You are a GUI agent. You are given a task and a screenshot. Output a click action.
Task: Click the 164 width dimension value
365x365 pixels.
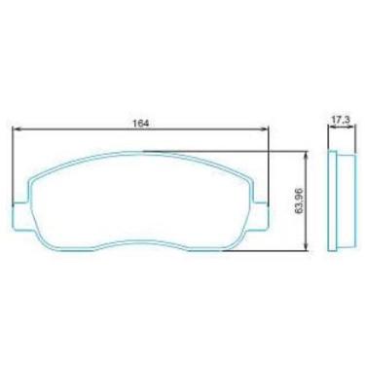pyautogui.click(x=141, y=124)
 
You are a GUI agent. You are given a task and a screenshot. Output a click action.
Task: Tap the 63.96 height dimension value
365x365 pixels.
pyautogui.click(x=299, y=201)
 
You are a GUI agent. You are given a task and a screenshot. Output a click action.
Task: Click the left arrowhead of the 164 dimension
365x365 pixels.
pyautogui.click(x=17, y=128)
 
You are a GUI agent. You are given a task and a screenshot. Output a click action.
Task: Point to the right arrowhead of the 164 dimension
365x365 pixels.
pyautogui.click(x=265, y=128)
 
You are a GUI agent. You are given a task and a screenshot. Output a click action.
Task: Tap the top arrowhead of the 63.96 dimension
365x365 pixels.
pyautogui.click(x=306, y=156)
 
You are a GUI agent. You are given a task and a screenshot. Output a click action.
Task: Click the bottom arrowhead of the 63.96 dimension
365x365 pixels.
pyautogui.click(x=306, y=246)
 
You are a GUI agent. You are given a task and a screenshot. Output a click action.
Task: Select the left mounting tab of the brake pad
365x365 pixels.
pyautogui.click(x=20, y=215)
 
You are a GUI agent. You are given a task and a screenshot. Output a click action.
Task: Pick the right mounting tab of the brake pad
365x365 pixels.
pyautogui.click(x=262, y=215)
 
